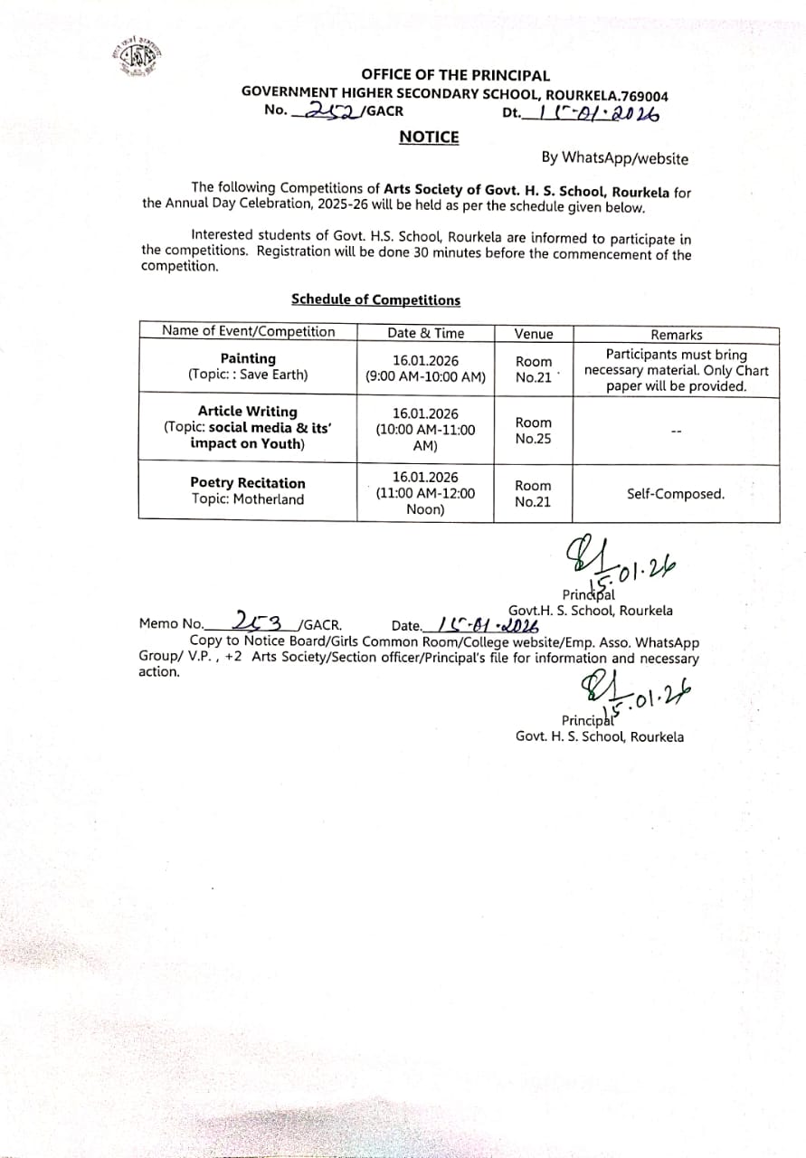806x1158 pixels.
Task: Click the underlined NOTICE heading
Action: pos(429,138)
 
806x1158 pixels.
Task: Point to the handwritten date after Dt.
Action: pos(596,113)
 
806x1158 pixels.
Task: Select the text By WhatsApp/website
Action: pos(614,158)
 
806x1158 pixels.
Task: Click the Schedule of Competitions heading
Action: pos(375,299)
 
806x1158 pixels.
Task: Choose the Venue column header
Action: pos(533,334)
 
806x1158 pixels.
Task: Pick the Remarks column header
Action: pos(676,334)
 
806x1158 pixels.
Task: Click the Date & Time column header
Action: pos(425,333)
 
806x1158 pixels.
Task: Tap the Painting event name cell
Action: pos(248,366)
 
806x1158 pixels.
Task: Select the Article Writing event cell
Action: pos(248,427)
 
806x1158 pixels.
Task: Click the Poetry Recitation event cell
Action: pos(248,491)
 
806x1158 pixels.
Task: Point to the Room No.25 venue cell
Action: pos(533,431)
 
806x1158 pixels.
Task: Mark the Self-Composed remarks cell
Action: pos(676,494)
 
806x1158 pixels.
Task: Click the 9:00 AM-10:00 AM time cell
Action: pos(425,368)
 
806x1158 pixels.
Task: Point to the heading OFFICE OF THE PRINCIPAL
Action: pos(455,76)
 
